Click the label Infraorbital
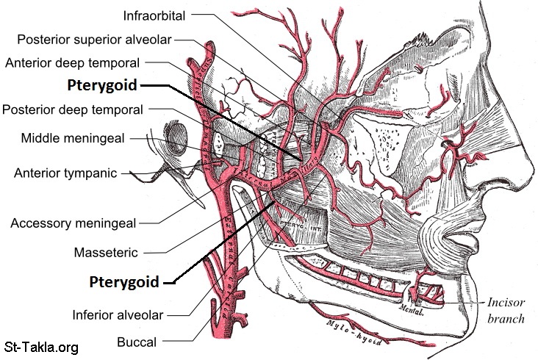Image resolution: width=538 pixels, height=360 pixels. coord(155,14)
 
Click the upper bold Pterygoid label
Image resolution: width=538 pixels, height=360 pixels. coord(101,85)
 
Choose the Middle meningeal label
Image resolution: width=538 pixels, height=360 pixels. coord(83,137)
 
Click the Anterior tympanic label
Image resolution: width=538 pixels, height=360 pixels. coord(65,173)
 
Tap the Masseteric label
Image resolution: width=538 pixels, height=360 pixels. coord(105,252)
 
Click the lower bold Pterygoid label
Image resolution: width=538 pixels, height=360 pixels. coord(123,281)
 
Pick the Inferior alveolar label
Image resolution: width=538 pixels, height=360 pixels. coord(117,315)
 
